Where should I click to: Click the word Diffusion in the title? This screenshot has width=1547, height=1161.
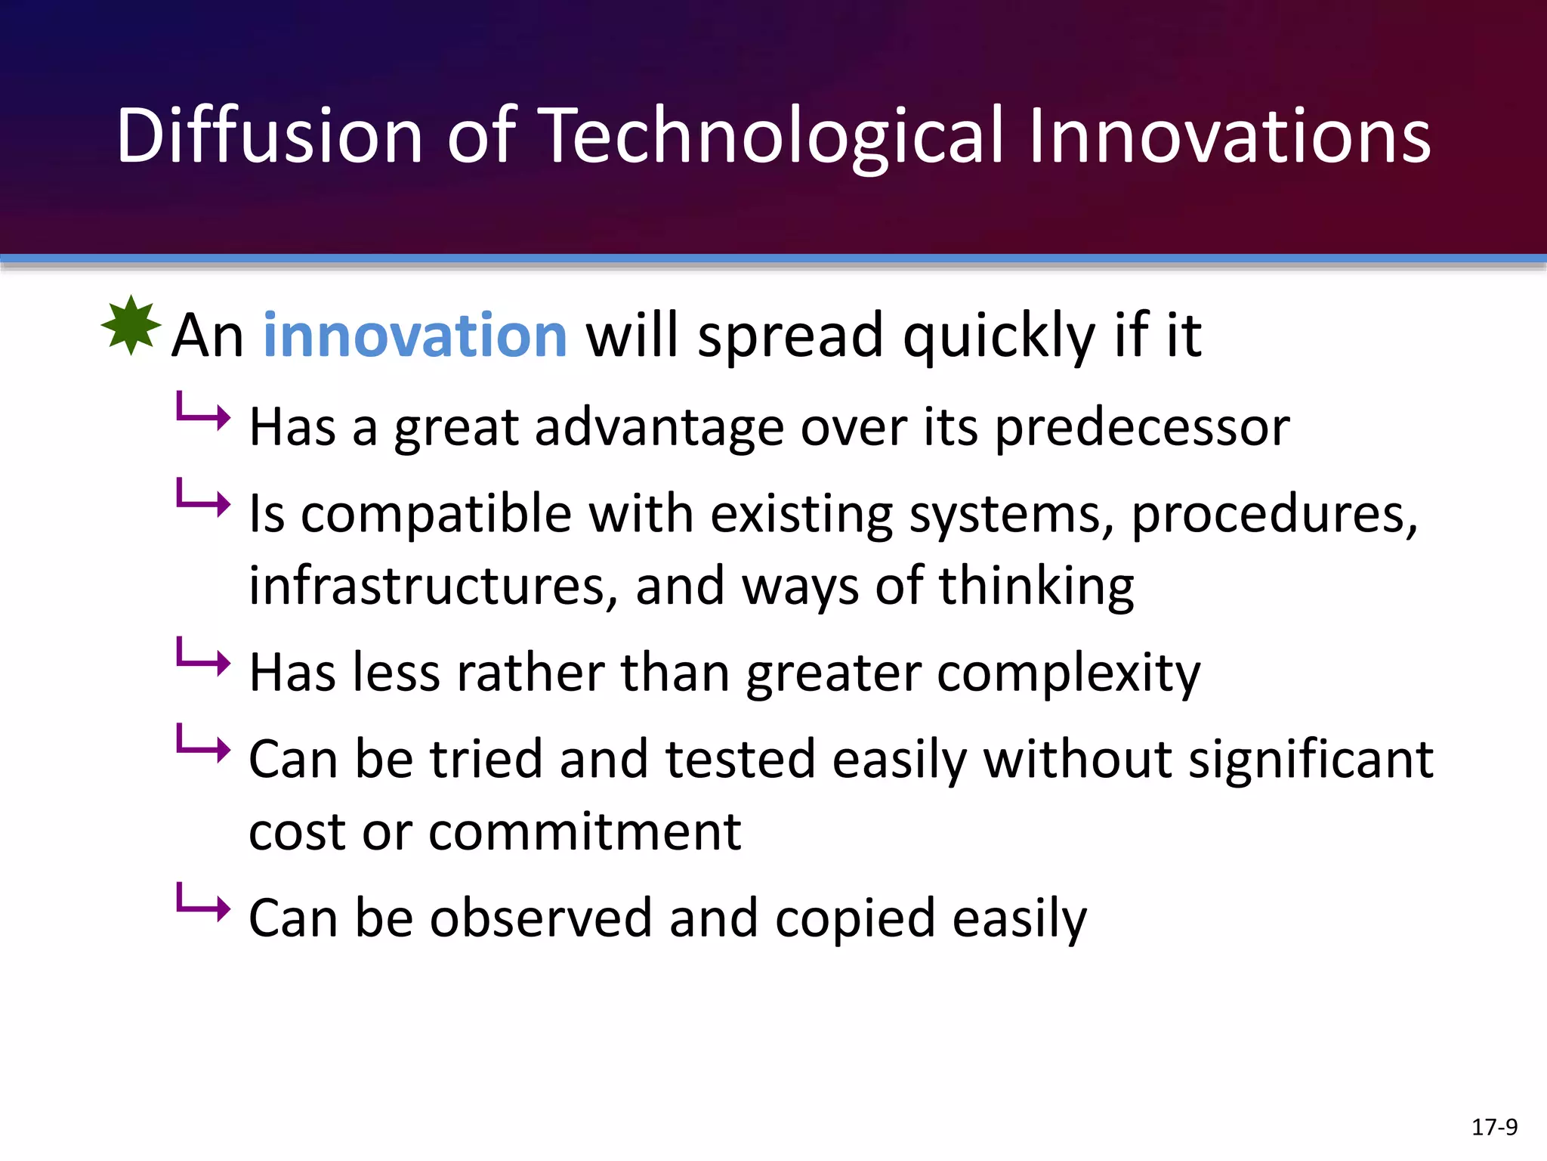pos(269,136)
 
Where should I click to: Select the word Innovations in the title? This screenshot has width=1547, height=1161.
pos(1229,136)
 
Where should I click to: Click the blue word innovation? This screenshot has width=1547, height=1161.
pos(415,336)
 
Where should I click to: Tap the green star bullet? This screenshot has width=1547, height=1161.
pos(131,326)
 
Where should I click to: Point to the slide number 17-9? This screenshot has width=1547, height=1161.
pos(1493,1127)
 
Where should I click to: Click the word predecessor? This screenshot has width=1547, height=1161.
pos(1141,428)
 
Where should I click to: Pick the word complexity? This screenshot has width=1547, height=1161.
pos(1068,673)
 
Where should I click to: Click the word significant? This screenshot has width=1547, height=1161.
pos(1311,759)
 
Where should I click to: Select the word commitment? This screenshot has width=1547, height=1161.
pos(585,831)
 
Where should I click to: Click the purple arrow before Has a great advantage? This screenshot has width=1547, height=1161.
pos(202,412)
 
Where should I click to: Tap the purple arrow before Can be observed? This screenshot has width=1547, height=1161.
pos(202,903)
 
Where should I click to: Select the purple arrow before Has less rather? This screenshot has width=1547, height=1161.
pos(202,658)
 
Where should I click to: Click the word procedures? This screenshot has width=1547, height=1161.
pos(1274,514)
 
